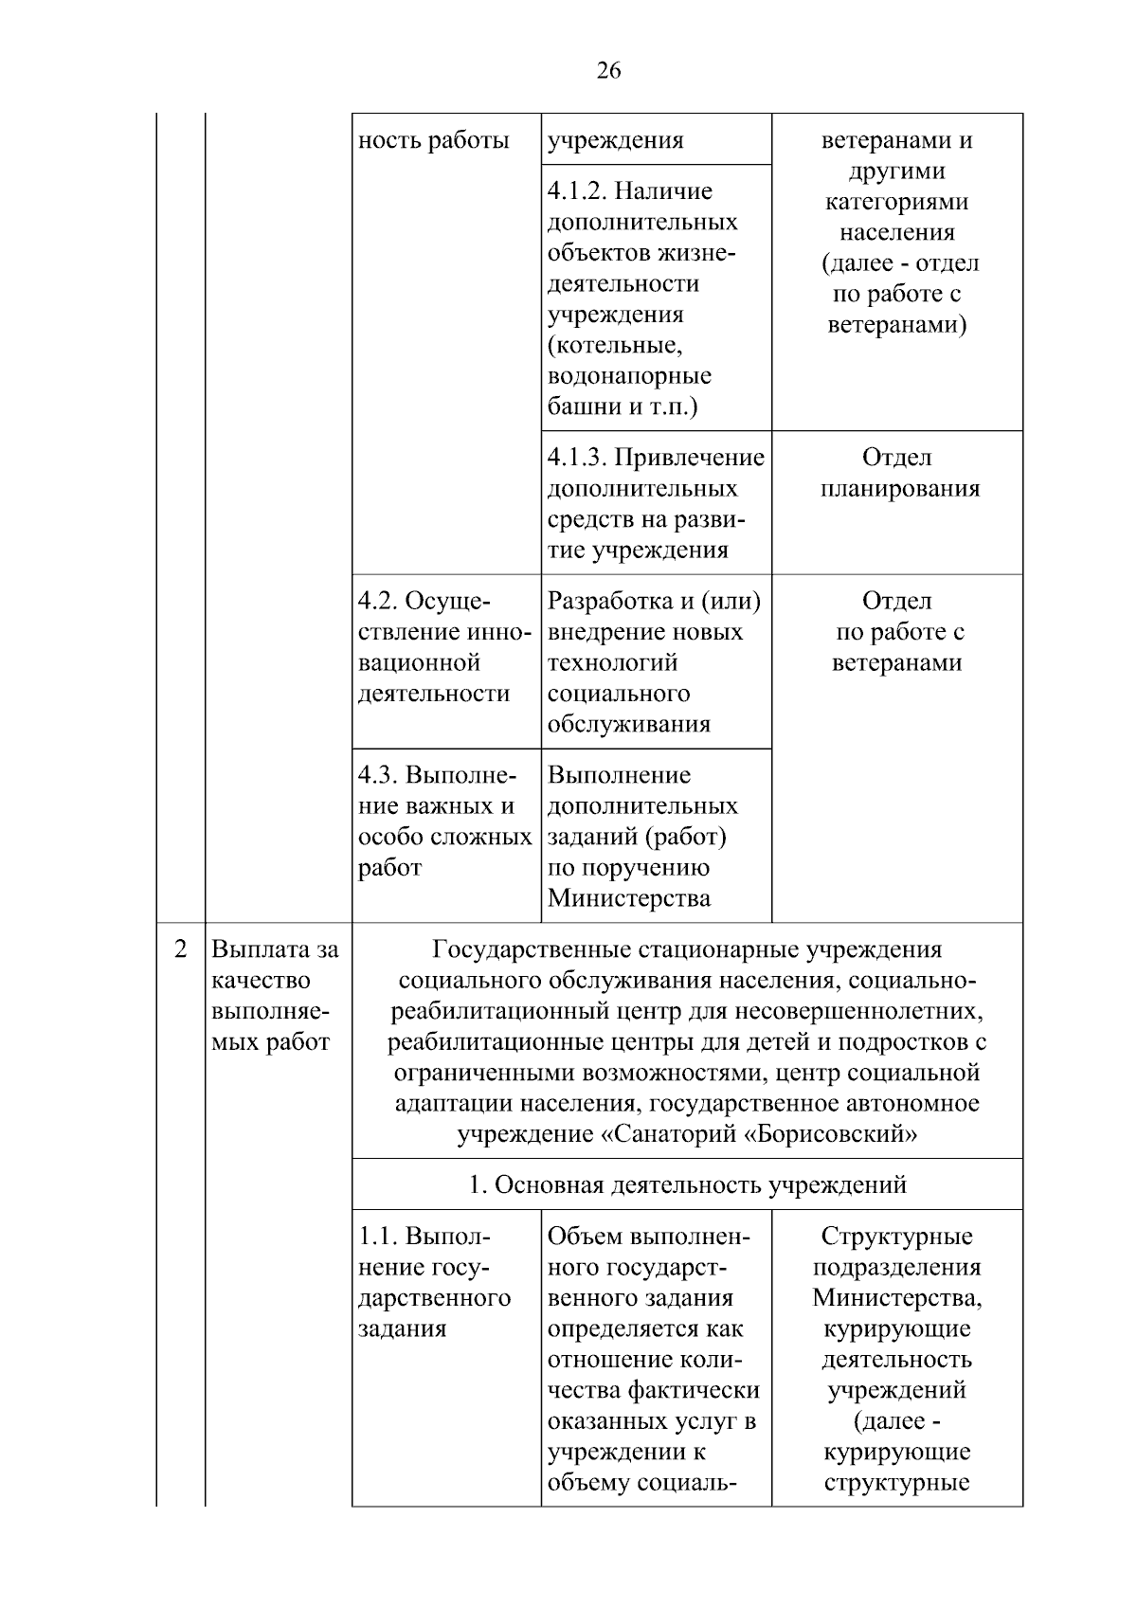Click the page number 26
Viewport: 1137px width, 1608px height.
coord(608,70)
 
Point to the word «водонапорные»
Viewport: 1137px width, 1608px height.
coord(629,376)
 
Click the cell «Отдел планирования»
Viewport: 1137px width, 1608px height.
coord(897,474)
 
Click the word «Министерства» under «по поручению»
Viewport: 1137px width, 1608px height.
coord(628,899)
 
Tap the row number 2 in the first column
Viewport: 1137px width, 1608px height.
coord(180,949)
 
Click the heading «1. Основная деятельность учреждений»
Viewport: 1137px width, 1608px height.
coord(688,1185)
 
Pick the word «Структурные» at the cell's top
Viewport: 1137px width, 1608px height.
coord(896,1238)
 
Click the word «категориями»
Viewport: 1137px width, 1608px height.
coord(896,203)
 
